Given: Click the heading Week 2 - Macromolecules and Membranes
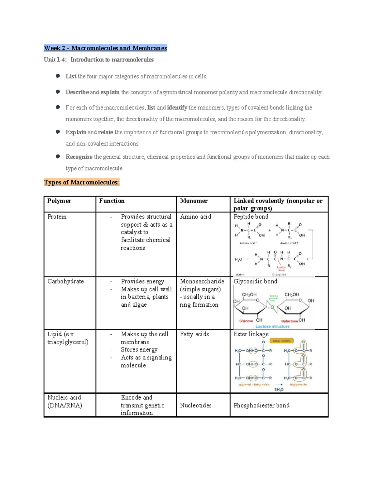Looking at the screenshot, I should coord(105,48).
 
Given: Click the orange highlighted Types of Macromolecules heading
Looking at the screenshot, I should coord(82,182).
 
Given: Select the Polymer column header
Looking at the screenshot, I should coord(59,201).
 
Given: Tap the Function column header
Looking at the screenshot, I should coord(112,201).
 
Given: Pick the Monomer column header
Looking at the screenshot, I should coord(194,201).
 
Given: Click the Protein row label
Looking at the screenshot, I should coord(57,217).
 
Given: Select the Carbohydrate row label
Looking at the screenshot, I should coord(65,281).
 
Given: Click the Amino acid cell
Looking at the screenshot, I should coord(195,217).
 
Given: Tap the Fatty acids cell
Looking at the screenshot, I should coord(194,334).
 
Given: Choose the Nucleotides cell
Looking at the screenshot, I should coord(195,405).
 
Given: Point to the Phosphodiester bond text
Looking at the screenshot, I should coord(261,405).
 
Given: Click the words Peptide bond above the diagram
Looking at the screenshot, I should coord(251,217).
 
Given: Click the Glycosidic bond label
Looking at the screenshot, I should coord(255,281).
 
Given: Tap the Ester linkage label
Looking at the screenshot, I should coord(251,334).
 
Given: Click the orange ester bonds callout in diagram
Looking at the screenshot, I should coord(281,341).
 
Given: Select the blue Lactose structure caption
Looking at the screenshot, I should coord(272,326).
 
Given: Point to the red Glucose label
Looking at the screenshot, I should coord(246,321).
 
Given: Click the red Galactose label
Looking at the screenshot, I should coord(289,321).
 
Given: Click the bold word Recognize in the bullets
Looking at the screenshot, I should coord(79,157).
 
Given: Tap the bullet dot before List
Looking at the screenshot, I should coord(58,76).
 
